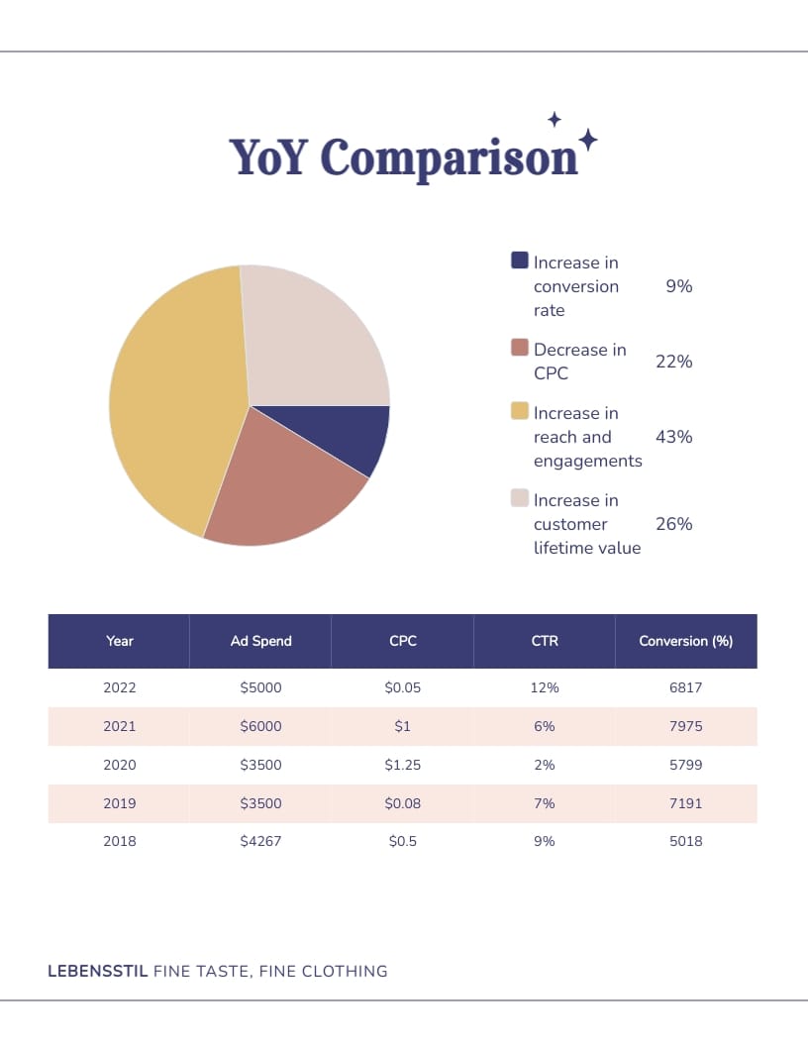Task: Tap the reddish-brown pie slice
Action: point(282,490)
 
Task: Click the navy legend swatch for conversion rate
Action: point(520,261)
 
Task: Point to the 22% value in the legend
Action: point(673,362)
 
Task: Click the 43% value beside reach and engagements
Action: point(673,437)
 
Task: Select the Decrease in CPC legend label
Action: point(579,362)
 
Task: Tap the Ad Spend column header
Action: point(260,641)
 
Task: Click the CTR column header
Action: point(545,641)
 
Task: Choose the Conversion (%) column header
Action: point(685,641)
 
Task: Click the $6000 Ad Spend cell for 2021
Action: point(260,726)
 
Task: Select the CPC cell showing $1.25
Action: point(402,765)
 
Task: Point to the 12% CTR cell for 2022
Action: point(545,687)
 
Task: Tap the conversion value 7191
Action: point(685,803)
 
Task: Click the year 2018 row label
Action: point(120,841)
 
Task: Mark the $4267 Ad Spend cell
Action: point(260,841)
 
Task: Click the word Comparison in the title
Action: point(449,158)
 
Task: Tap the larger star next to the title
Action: point(587,140)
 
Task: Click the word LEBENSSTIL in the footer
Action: point(98,971)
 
